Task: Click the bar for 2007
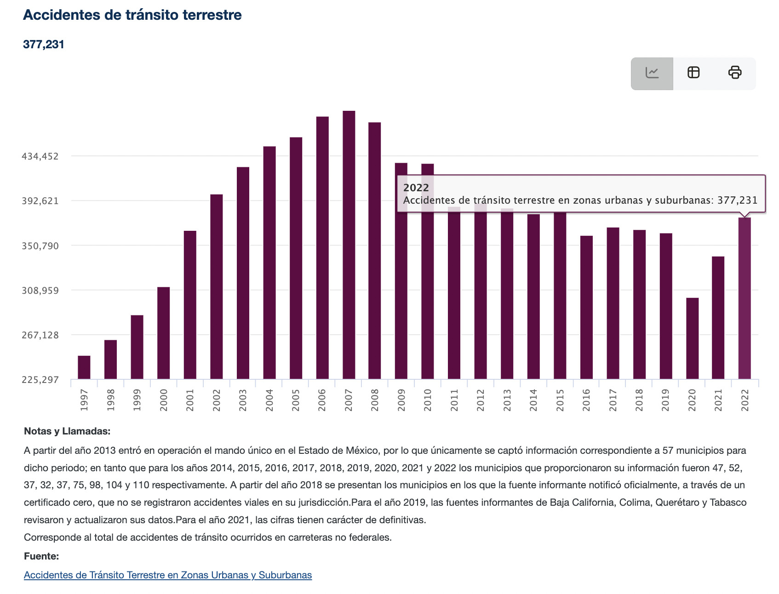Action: tap(349, 245)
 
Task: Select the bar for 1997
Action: tap(84, 367)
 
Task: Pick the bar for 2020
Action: tap(692, 338)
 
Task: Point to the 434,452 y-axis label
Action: tap(40, 156)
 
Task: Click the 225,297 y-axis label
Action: tap(40, 380)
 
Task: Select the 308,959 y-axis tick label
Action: tap(40, 291)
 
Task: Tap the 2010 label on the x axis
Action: tap(428, 400)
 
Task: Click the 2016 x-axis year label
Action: tap(586, 400)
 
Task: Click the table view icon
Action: tap(693, 73)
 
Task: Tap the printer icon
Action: tap(735, 73)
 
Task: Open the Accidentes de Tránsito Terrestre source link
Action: tap(168, 575)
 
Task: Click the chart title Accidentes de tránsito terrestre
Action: tap(132, 15)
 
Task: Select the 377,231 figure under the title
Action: tap(44, 45)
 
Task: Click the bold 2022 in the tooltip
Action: tap(416, 188)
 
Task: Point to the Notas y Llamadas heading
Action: tap(67, 431)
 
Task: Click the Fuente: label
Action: tap(41, 556)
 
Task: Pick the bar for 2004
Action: tap(269, 263)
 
